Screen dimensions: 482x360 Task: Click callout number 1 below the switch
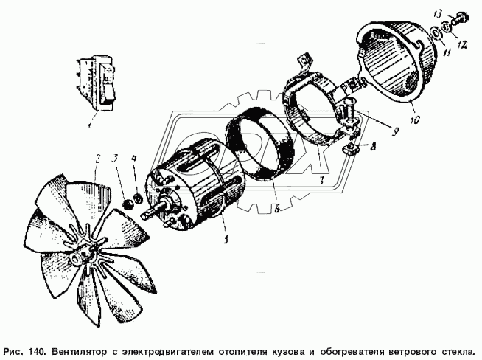(90, 125)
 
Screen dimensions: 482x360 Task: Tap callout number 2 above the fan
(98, 159)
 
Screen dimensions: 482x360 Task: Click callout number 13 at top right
(438, 14)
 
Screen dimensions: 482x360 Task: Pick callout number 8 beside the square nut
(372, 147)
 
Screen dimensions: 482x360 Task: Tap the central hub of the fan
(80, 254)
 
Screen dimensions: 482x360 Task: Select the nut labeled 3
(128, 204)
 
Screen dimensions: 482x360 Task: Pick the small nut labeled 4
(138, 198)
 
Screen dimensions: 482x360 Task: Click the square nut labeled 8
(349, 150)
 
